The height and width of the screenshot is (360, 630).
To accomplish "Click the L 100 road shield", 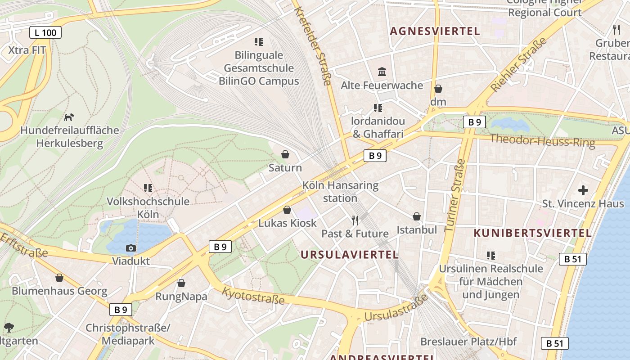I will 45,32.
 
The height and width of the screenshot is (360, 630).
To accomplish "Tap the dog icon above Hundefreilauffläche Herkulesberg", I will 69,117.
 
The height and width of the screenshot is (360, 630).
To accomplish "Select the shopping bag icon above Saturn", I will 285,155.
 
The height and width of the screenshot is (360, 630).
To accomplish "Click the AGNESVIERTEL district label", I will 435,31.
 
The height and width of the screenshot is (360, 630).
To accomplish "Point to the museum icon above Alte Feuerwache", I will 382,72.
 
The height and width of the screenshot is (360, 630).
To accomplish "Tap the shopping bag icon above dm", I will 438,89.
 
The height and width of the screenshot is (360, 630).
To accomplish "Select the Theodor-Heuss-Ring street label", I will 542,140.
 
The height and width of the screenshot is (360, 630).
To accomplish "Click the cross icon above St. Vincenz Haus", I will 583,190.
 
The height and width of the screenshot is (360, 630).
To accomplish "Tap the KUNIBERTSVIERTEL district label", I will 532,233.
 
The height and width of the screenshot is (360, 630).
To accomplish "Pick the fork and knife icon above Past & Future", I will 355,220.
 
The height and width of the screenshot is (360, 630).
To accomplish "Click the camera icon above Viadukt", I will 130,248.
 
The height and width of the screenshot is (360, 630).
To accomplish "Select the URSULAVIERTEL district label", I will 349,255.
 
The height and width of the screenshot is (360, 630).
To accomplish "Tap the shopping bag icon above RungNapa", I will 181,283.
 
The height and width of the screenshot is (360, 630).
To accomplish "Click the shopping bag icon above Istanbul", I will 417,217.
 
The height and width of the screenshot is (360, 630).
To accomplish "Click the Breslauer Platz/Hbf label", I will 468,342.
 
